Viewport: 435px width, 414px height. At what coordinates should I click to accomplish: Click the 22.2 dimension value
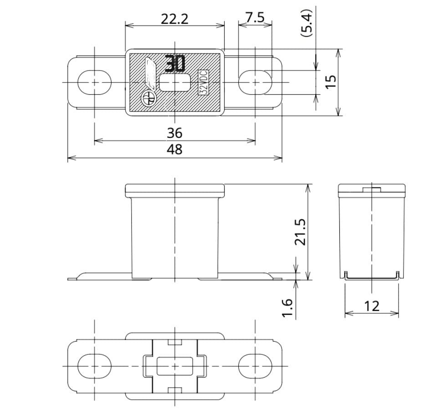coord(174,19)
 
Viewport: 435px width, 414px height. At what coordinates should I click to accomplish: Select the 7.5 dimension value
coord(255,18)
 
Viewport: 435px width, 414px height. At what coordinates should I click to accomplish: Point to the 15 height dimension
coord(331,81)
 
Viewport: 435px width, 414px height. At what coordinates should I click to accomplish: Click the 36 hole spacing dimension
coord(174,133)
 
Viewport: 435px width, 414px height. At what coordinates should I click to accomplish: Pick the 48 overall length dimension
coord(174,149)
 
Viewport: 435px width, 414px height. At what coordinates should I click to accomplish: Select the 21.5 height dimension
coord(299,232)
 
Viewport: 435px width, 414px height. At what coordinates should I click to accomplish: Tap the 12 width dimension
coord(372,306)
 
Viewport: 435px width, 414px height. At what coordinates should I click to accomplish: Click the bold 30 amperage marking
coord(175,64)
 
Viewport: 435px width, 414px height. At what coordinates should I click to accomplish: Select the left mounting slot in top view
coord(94,82)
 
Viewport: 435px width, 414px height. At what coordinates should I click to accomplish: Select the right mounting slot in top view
coord(255,82)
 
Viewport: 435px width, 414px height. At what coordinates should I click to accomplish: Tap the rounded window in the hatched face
coord(175,83)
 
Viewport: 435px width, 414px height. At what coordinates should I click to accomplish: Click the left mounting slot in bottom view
coord(94,366)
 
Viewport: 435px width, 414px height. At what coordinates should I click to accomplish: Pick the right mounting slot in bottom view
coord(255,366)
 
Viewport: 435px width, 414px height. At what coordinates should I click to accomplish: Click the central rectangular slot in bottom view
coord(174,366)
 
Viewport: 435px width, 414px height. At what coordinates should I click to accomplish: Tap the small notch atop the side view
coord(372,189)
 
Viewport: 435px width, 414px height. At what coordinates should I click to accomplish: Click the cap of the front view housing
coord(174,190)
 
